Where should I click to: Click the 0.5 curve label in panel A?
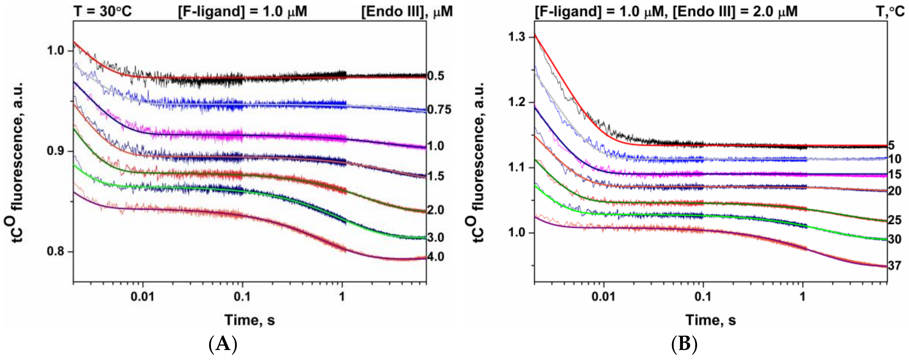[x=435, y=76]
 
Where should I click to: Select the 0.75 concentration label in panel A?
[x=439, y=110]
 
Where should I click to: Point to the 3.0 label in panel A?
[x=435, y=237]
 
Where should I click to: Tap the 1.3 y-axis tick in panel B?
[x=517, y=37]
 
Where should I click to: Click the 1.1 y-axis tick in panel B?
[x=517, y=167]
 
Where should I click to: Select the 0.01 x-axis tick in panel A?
[x=142, y=296]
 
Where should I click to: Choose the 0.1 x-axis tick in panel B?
[x=703, y=296]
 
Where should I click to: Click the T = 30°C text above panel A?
[x=103, y=11]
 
